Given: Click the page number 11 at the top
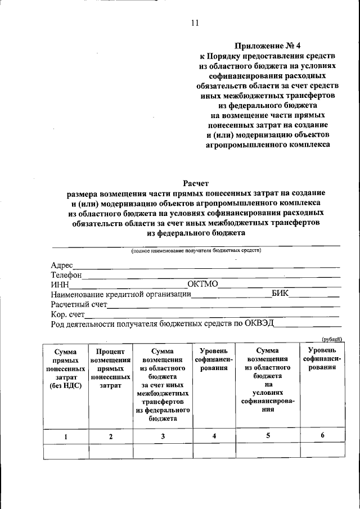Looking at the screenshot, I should [x=195, y=23].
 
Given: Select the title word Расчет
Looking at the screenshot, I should [x=196, y=183].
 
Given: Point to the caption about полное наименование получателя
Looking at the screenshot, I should [x=196, y=250].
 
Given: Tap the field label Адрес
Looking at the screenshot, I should [x=62, y=265].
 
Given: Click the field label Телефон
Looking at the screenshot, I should [x=66, y=275].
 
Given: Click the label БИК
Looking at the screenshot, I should [x=281, y=294].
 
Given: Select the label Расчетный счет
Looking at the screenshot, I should [x=79, y=304].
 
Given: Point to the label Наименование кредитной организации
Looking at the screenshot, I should [x=120, y=295].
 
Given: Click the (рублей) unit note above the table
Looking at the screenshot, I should [x=332, y=339].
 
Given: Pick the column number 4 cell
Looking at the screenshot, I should [x=214, y=436].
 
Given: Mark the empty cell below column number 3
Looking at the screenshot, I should [x=163, y=452].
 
